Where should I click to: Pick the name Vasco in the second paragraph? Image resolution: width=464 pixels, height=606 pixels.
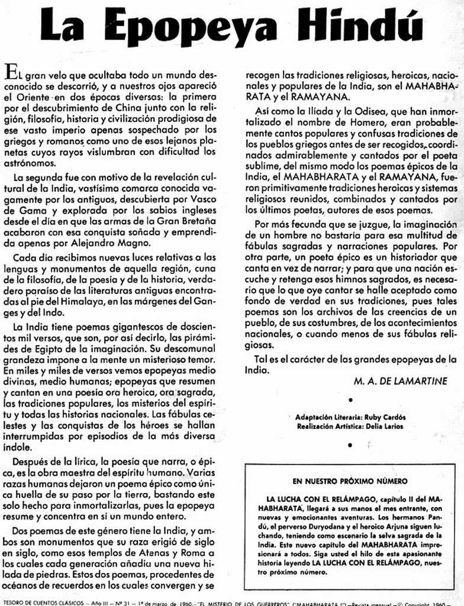tap(204, 200)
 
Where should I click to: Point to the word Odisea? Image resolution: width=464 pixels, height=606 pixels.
tap(357, 111)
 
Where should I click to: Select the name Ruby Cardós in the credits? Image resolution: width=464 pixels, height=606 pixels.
tap(385, 417)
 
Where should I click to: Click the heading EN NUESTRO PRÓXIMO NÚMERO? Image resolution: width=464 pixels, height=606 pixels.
tap(349, 481)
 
